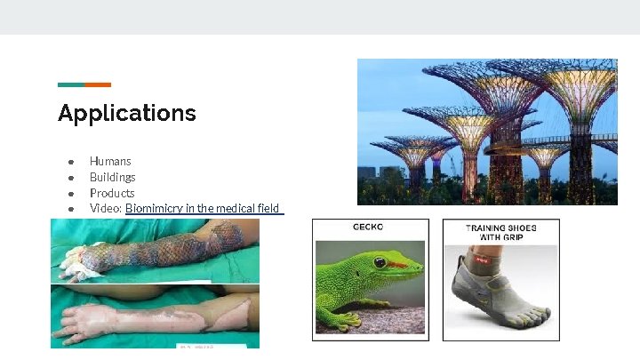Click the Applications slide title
point(126,114)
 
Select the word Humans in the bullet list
point(110,161)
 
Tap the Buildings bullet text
point(113,177)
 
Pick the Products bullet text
point(112,193)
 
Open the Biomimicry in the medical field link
point(203,209)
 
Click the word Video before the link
point(105,209)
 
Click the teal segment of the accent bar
point(71,85)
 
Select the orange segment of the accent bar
point(98,85)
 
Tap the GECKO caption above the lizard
point(368,228)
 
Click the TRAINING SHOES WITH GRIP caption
point(500,233)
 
